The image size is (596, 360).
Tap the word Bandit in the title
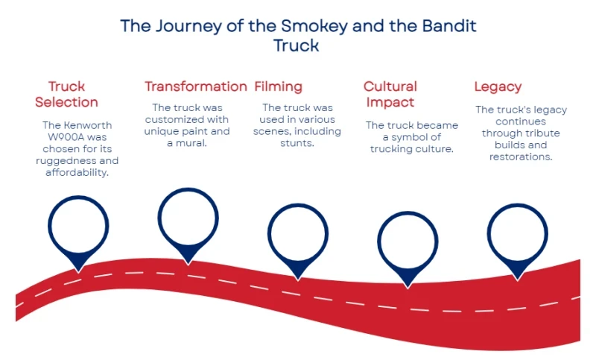click(448, 26)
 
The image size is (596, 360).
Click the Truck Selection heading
click(66, 94)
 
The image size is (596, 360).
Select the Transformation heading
click(195, 86)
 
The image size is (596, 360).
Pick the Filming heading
click(278, 86)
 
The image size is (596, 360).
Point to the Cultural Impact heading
click(390, 94)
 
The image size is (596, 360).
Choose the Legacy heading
click(498, 86)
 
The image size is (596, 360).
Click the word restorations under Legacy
click(520, 157)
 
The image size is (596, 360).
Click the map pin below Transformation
click(188, 217)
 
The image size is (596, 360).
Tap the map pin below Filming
click(297, 233)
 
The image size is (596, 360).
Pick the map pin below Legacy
click(517, 233)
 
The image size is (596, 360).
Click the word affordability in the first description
click(77, 173)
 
